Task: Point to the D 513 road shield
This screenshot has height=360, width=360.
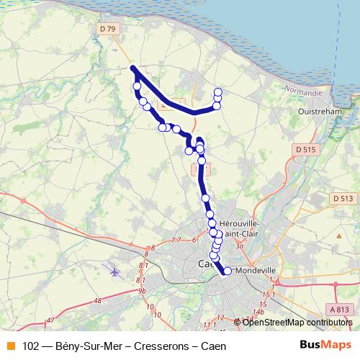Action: pyautogui.click(x=343, y=198)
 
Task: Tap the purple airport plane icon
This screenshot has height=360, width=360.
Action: pyautogui.click(x=114, y=271)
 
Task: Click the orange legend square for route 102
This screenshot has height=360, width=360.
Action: pyautogui.click(x=10, y=346)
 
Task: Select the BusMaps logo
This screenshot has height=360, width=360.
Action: pyautogui.click(x=323, y=346)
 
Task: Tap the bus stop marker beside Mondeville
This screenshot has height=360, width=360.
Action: pyautogui.click(x=228, y=271)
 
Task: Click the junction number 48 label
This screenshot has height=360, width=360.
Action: pyautogui.click(x=97, y=300)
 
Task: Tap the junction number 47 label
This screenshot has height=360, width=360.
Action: pyautogui.click(x=50, y=319)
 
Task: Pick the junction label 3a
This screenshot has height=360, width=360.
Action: pyautogui.click(x=239, y=246)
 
